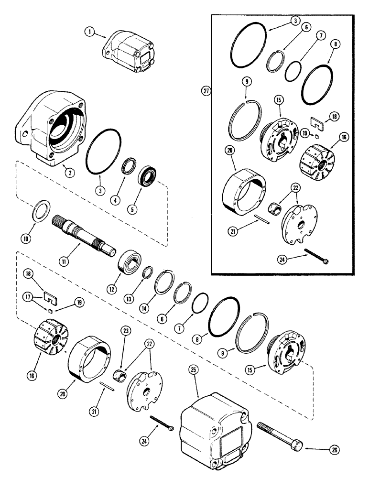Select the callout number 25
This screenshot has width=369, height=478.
coord(194,384)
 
